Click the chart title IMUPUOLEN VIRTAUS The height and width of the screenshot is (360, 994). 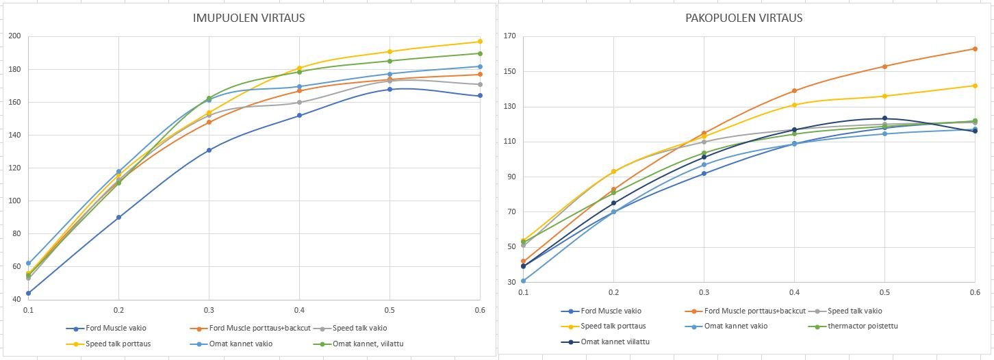point(248,18)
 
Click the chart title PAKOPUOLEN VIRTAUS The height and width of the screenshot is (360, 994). point(743,18)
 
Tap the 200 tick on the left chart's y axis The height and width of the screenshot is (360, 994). point(14,36)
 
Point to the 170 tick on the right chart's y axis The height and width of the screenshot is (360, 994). point(510,36)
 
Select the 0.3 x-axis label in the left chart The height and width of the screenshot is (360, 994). point(209,310)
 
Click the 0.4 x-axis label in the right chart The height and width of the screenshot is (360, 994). point(794,292)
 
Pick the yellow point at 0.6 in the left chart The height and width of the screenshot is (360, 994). point(480,42)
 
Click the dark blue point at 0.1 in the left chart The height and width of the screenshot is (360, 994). point(28,293)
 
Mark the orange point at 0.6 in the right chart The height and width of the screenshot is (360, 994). point(975,49)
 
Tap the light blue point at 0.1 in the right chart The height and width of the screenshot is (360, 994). point(523,281)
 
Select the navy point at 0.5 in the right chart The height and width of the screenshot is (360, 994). point(885,118)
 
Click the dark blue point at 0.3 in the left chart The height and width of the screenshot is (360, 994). point(209,151)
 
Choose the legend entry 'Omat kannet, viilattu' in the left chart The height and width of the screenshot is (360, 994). point(359,344)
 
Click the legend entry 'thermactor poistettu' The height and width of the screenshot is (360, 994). point(852,326)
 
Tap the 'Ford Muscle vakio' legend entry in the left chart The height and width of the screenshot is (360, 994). point(106,329)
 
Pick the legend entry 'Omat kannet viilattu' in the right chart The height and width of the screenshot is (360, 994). point(605,342)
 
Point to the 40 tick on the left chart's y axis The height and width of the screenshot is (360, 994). point(16,299)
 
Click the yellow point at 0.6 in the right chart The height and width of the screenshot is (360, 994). point(975,86)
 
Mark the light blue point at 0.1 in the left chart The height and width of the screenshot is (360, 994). point(28,263)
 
